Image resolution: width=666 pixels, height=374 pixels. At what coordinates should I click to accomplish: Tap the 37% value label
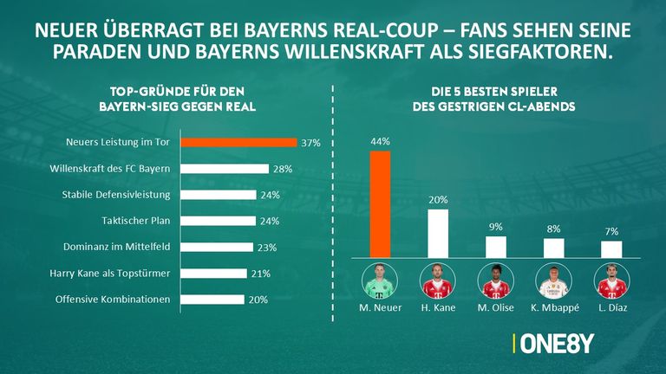(310, 142)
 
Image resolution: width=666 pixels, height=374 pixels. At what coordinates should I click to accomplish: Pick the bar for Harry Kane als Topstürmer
(219, 274)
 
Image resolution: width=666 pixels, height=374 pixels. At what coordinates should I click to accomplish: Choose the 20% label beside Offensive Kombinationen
(258, 300)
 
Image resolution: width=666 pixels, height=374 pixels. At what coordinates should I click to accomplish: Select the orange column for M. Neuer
(381, 204)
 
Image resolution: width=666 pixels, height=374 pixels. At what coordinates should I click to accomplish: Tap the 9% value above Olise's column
(496, 227)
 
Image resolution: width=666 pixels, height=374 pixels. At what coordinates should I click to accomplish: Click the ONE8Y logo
(556, 343)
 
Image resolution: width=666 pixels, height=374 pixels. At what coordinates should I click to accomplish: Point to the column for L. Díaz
(611, 249)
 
